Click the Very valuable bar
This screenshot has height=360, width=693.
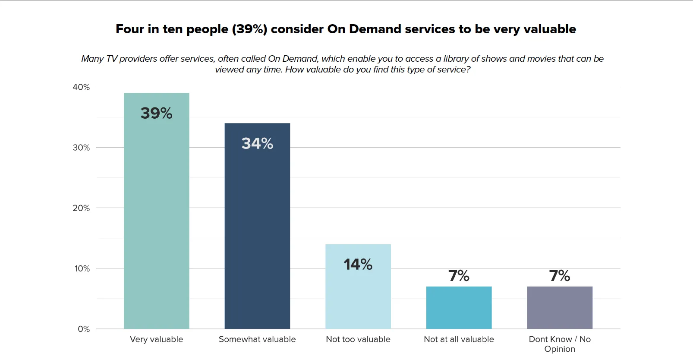pos(156,216)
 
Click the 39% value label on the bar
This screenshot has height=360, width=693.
pos(156,113)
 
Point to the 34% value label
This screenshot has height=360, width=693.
pos(257,143)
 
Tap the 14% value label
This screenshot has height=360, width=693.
pos(358,264)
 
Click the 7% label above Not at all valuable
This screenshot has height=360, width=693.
pos(459,275)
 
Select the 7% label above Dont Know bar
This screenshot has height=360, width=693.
pos(560,275)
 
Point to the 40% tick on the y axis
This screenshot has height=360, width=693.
pos(81,87)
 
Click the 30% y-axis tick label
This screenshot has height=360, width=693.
pos(81,148)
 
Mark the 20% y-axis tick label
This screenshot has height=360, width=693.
pos(81,208)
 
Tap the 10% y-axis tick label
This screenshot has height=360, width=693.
pos(82,268)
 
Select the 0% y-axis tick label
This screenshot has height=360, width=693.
pos(84,329)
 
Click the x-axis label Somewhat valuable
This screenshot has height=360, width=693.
pos(257,339)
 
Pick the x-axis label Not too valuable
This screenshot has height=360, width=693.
pos(358,339)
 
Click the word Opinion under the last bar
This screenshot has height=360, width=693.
pos(560,349)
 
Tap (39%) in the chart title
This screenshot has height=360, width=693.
pos(249,29)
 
